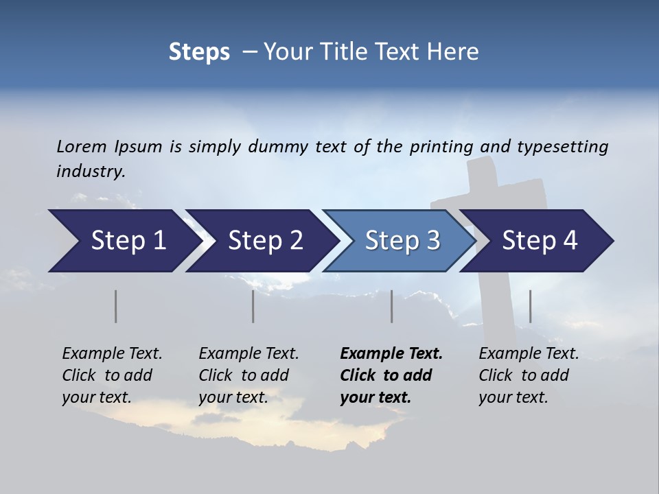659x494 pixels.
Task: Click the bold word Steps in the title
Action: [x=199, y=52]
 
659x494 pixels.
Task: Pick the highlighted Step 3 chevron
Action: [x=402, y=241]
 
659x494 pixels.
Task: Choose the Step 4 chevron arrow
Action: [x=540, y=241]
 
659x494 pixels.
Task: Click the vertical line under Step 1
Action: [x=115, y=306]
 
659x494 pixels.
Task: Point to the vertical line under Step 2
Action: [x=253, y=306]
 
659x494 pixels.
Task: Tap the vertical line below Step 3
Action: [x=391, y=306]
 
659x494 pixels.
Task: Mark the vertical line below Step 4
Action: [x=530, y=306]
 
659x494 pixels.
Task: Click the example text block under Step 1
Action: [x=112, y=375]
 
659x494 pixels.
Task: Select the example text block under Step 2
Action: [x=248, y=375]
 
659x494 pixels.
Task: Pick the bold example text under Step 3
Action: [x=391, y=375]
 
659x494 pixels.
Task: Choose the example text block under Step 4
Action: [x=529, y=375]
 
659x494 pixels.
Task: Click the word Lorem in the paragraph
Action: [x=82, y=147]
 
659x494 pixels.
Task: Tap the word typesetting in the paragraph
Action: [x=562, y=147]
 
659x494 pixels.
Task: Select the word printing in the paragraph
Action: [x=442, y=147]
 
